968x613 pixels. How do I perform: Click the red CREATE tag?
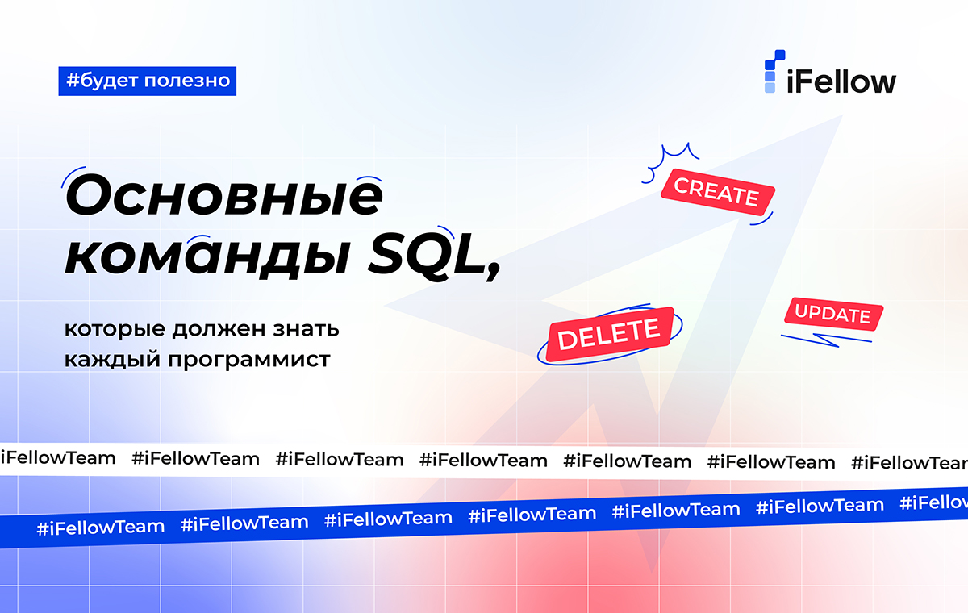[x=718, y=192]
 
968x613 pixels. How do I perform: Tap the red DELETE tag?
[x=610, y=334]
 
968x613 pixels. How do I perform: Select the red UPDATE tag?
[x=833, y=314]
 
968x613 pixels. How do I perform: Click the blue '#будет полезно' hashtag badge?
[x=148, y=81]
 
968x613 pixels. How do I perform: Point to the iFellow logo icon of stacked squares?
[x=774, y=71]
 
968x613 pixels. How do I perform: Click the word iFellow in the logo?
[x=841, y=81]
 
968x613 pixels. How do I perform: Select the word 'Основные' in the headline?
[x=224, y=194]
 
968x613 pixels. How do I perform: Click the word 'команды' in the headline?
[x=207, y=257]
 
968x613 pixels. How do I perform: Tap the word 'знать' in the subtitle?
[x=306, y=329]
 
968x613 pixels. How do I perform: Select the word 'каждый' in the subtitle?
[x=112, y=360]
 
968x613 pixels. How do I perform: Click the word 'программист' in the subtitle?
[x=249, y=361]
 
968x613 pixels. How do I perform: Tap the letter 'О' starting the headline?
[x=90, y=194]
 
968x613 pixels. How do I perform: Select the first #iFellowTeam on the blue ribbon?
[x=101, y=528]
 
